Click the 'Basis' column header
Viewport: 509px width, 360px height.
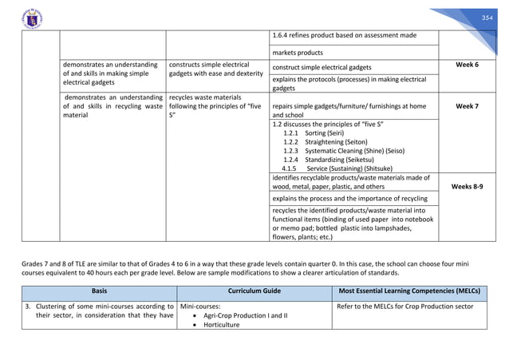100,291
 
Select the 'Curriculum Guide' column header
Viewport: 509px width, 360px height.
254,291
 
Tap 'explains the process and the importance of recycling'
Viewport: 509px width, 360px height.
349,196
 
